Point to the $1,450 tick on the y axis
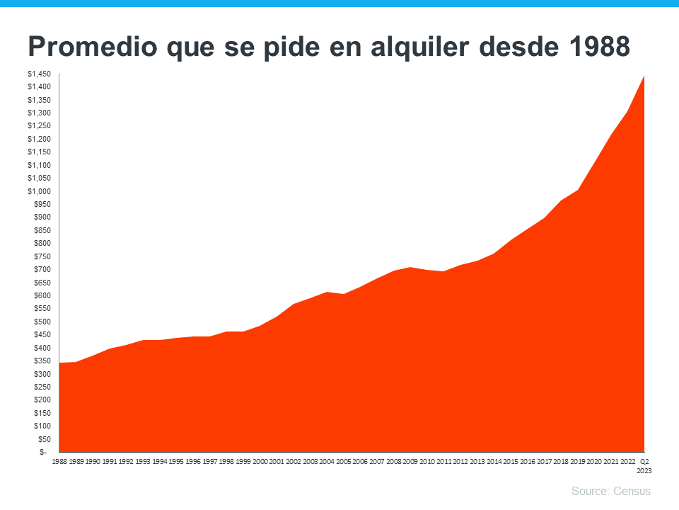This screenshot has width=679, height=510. click(x=39, y=74)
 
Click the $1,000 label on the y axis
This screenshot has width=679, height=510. click(x=39, y=191)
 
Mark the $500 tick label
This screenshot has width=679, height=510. click(x=42, y=322)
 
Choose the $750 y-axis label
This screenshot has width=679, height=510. click(x=42, y=256)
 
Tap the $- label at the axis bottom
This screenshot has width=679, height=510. click(x=44, y=452)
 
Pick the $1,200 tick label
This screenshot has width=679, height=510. click(x=39, y=139)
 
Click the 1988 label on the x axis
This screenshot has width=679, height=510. click(x=59, y=461)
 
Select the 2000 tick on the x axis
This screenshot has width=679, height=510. click(x=260, y=461)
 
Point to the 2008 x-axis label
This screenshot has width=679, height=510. click(x=393, y=461)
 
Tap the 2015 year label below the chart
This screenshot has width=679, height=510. click(x=511, y=461)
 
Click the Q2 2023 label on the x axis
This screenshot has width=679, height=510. click(x=644, y=465)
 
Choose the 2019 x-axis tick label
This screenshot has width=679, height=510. click(x=578, y=461)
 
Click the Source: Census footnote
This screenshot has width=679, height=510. click(x=610, y=491)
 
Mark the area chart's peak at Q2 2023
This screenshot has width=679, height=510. click(x=644, y=76)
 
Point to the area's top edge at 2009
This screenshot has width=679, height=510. click(x=410, y=268)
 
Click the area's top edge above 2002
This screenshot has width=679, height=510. click(x=293, y=305)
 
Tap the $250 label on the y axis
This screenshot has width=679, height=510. click(x=42, y=387)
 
